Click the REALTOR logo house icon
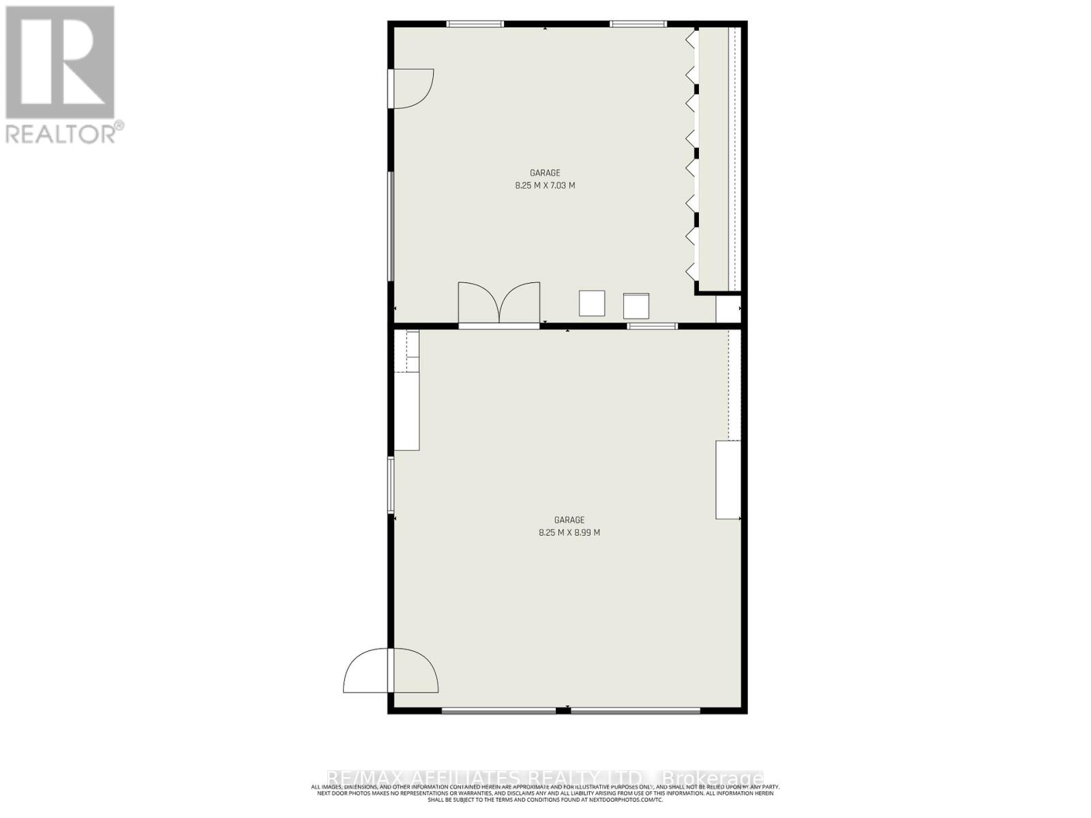(x=60, y=63)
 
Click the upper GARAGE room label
(x=545, y=173)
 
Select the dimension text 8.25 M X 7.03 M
(x=545, y=185)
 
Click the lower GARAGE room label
(x=569, y=520)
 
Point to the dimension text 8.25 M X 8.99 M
(x=569, y=533)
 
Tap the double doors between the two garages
(x=499, y=304)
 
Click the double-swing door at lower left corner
(x=391, y=671)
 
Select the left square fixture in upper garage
(x=592, y=303)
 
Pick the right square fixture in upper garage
(x=636, y=306)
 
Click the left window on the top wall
(x=475, y=24)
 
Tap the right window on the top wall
(x=638, y=24)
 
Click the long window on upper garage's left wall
(x=391, y=226)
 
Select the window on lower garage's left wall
(x=391, y=485)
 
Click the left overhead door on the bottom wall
(x=498, y=711)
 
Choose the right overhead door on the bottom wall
(x=635, y=711)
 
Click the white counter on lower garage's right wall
(x=728, y=480)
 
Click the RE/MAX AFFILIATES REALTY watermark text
(x=545, y=778)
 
